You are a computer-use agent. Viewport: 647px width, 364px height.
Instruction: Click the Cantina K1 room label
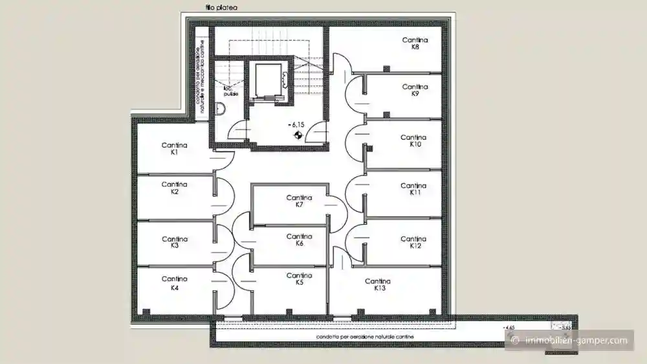tap(174, 149)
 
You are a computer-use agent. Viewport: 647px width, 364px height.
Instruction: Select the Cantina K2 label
tap(174, 188)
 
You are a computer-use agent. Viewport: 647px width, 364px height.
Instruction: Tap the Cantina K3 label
tap(174, 242)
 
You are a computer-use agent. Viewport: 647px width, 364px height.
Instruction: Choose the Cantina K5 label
tap(299, 279)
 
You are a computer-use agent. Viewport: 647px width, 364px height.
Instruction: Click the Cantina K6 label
tap(299, 240)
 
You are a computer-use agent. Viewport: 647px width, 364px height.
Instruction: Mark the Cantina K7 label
tap(299, 201)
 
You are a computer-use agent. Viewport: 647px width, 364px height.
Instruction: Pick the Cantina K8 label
tap(415, 43)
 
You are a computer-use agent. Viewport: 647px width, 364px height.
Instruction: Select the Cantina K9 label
tap(415, 90)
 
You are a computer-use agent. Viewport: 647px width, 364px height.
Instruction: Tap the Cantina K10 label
tap(413, 141)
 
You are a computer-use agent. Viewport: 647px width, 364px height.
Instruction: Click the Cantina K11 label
tap(413, 189)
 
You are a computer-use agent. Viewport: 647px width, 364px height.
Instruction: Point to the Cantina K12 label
tap(413, 242)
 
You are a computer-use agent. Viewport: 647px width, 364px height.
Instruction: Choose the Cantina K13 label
tap(377, 285)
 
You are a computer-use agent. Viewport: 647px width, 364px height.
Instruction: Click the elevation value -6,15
tap(297, 124)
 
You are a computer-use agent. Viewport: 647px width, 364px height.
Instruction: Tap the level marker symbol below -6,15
tap(297, 135)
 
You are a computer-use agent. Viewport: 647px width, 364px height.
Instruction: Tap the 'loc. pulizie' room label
tap(230, 91)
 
